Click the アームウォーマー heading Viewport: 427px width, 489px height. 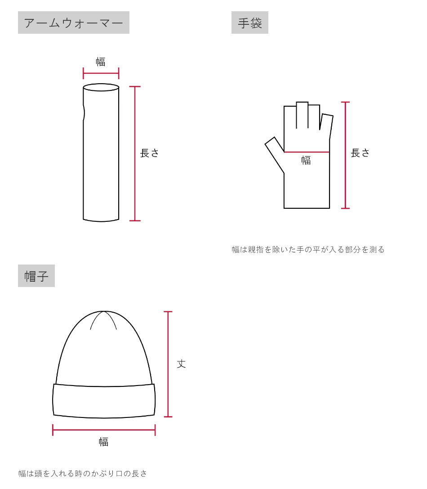click(x=73, y=23)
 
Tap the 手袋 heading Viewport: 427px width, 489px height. click(x=249, y=23)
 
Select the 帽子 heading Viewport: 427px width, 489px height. click(x=36, y=276)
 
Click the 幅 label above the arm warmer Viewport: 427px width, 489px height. click(x=101, y=62)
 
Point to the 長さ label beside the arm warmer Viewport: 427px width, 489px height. click(x=150, y=153)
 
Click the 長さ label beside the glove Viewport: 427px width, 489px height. click(x=360, y=153)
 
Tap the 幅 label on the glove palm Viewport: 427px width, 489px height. click(x=306, y=160)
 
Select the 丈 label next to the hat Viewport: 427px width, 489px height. click(x=181, y=363)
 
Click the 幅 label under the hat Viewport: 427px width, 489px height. click(x=104, y=442)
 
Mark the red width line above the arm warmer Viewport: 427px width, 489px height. click(x=101, y=73)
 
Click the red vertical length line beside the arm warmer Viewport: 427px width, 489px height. click(x=135, y=153)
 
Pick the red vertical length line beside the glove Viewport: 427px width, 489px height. click(x=345, y=155)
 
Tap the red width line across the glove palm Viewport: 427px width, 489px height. click(x=307, y=152)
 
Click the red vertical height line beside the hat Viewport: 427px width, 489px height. click(x=168, y=364)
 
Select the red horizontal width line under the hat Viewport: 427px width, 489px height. click(x=104, y=430)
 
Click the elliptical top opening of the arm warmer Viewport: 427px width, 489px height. click(x=101, y=87)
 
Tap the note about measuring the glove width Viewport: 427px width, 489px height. click(x=308, y=249)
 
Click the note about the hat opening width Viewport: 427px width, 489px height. click(x=83, y=473)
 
